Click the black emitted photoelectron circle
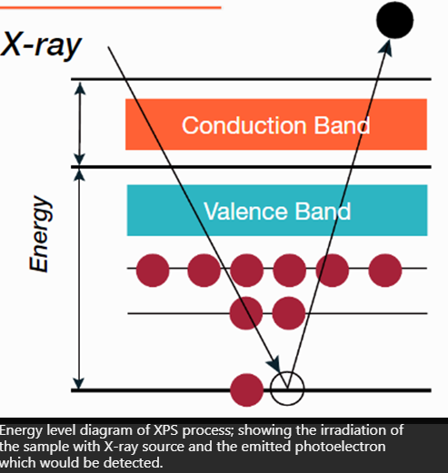(x=394, y=20)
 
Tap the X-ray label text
(x=41, y=44)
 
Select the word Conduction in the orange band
(x=244, y=125)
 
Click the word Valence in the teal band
(x=245, y=211)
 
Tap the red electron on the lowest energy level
(x=246, y=390)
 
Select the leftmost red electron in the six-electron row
(x=153, y=271)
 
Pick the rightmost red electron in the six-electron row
(x=385, y=271)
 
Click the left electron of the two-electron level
(x=246, y=313)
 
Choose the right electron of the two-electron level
(x=289, y=313)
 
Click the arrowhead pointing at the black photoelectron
(x=386, y=48)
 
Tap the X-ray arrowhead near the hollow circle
(x=274, y=364)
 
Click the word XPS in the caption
(x=165, y=430)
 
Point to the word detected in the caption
(x=133, y=463)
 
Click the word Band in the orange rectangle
(x=342, y=125)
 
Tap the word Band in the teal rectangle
(x=323, y=211)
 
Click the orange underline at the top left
(x=111, y=7)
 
